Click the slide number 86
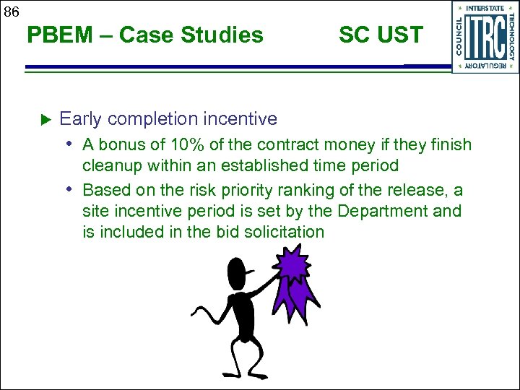point(11,11)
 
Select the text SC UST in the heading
point(381,35)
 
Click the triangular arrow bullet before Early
point(43,118)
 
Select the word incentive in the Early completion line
point(241,118)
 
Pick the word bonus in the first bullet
point(120,145)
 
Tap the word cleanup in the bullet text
point(113,166)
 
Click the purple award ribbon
point(292,271)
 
